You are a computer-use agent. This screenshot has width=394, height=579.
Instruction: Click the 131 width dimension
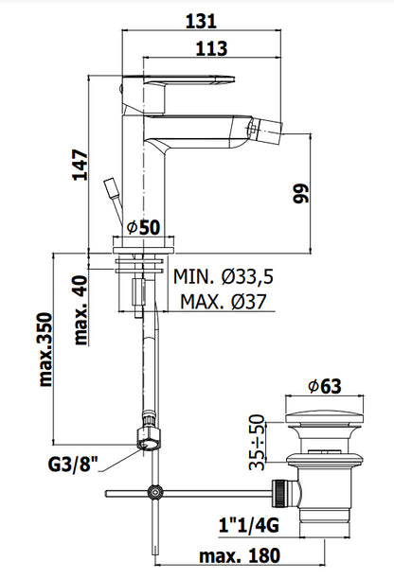(201, 21)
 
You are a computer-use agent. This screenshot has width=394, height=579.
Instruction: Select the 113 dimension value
(211, 49)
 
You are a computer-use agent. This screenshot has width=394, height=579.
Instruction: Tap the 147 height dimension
(81, 165)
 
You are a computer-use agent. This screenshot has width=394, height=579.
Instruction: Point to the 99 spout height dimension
(301, 193)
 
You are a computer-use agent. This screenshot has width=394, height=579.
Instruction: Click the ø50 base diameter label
(143, 227)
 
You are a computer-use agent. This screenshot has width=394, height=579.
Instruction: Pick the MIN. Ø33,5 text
(224, 276)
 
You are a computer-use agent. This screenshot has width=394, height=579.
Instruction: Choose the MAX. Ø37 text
(224, 302)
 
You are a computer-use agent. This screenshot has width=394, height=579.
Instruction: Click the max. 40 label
(81, 310)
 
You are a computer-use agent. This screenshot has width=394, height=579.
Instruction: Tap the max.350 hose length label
(45, 350)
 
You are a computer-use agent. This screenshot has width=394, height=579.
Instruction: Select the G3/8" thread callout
(73, 465)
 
